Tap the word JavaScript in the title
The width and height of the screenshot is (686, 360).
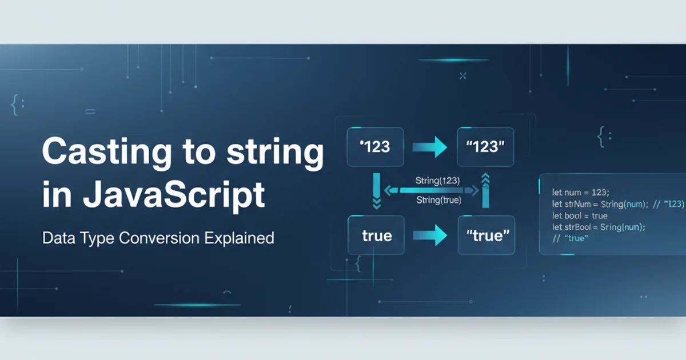174,194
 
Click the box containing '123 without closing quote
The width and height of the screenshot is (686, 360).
375,147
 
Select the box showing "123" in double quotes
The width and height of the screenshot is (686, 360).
485,147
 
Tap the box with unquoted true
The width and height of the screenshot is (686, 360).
376,235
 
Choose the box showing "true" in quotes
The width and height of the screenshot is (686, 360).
486,235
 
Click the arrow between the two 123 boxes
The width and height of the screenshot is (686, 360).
430,147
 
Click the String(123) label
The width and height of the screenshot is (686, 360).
438,181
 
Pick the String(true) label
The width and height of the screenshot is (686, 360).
438,200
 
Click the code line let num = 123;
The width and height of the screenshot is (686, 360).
581,193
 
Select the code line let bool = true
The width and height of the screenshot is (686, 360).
580,215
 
